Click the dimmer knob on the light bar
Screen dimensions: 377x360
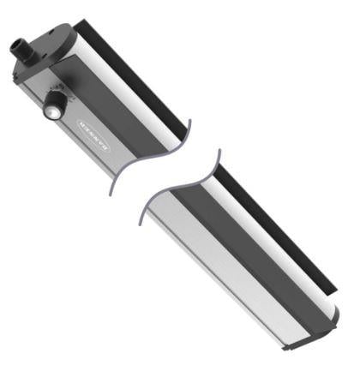(x=53, y=106)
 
